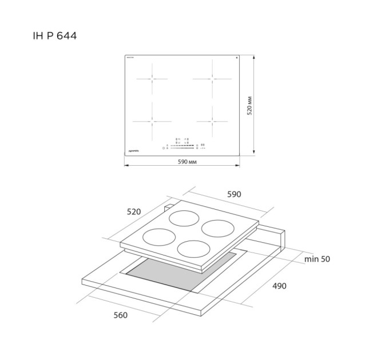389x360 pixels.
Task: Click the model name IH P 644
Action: (x=55, y=36)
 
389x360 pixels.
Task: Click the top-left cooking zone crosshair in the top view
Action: (x=153, y=78)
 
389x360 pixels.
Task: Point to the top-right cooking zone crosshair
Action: (x=212, y=78)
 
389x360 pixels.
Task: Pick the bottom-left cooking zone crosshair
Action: (x=153, y=121)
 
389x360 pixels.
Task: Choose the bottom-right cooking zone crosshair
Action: (x=212, y=121)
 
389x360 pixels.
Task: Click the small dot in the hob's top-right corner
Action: (x=236, y=58)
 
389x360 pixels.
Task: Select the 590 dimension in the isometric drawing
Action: (x=235, y=194)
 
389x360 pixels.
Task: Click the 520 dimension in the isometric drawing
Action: (x=133, y=211)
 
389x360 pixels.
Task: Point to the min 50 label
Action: (x=317, y=259)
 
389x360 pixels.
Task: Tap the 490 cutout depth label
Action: (x=279, y=286)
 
